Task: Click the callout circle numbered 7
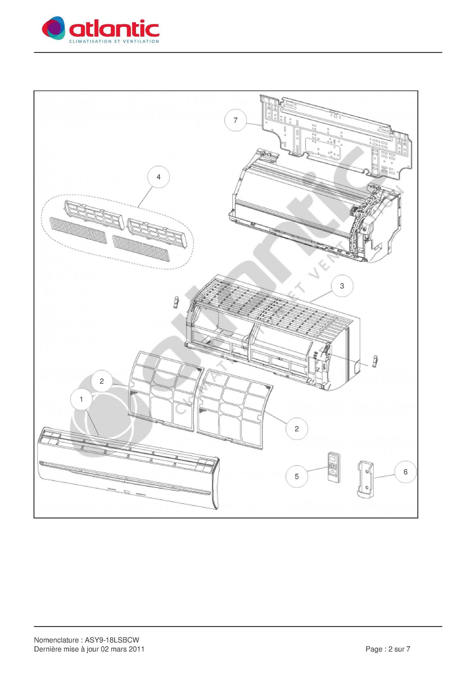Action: pyautogui.click(x=236, y=120)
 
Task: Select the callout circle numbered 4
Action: pyautogui.click(x=158, y=177)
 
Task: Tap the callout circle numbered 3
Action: pyautogui.click(x=342, y=286)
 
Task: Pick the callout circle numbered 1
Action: pyautogui.click(x=81, y=399)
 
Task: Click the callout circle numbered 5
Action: pyautogui.click(x=297, y=476)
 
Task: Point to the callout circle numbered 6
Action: pyautogui.click(x=405, y=472)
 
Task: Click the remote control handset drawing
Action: pyautogui.click(x=334, y=467)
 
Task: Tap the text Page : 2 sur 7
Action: pyautogui.click(x=388, y=649)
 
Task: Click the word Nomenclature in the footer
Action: pyautogui.click(x=56, y=640)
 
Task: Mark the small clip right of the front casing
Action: pyautogui.click(x=374, y=361)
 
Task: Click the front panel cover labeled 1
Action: pyautogui.click(x=128, y=468)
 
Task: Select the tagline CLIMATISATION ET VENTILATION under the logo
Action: pyautogui.click(x=114, y=42)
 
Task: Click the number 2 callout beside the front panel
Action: pyautogui.click(x=102, y=381)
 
